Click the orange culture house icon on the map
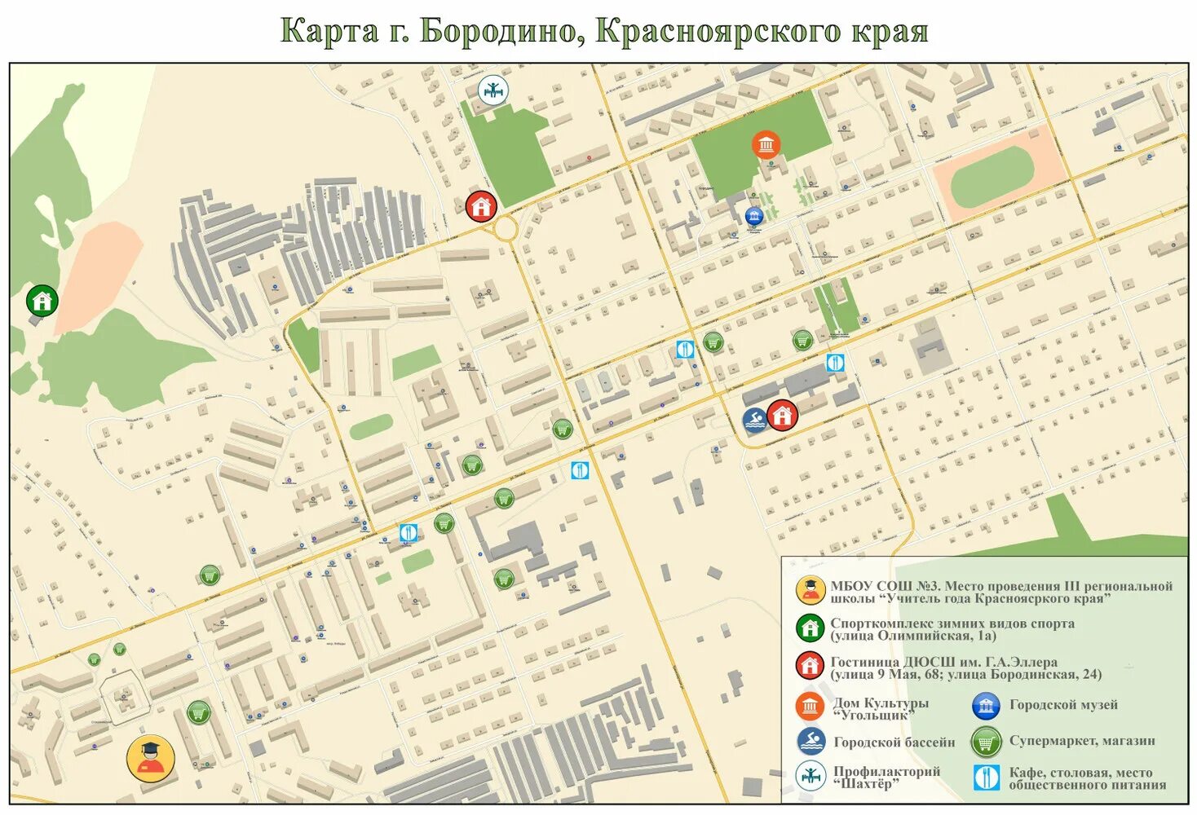[x=766, y=145]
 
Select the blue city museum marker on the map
[x=754, y=215]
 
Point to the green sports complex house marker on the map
[x=41, y=301]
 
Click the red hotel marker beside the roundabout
[x=482, y=206]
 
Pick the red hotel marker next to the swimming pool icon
[x=782, y=416]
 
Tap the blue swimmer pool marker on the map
[x=756, y=420]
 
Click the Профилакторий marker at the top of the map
[x=492, y=90]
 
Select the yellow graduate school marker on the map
[x=150, y=759]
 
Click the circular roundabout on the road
[x=505, y=228]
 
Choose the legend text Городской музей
[x=1063, y=705]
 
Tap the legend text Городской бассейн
[x=894, y=742]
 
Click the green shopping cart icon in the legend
[x=986, y=742]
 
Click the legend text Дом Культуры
[x=881, y=703]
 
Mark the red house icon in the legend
[x=810, y=666]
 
